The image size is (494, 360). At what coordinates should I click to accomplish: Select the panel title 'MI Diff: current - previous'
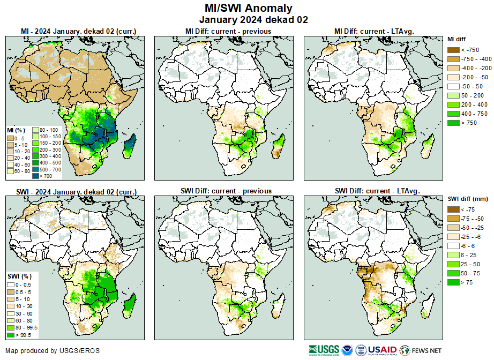click(228, 31)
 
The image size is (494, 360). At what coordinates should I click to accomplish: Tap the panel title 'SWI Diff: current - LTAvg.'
click(377, 191)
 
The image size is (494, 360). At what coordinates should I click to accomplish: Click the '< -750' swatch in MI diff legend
click(453, 50)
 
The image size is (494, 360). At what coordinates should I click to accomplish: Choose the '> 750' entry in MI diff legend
click(453, 123)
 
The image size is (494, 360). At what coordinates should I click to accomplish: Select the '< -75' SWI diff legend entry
click(453, 209)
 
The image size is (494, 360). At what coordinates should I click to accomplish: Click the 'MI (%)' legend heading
click(14, 130)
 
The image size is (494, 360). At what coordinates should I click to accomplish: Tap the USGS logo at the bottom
click(324, 350)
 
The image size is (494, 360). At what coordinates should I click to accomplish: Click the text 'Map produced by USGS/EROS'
click(53, 351)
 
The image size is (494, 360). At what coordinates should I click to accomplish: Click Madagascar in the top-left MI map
click(129, 147)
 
